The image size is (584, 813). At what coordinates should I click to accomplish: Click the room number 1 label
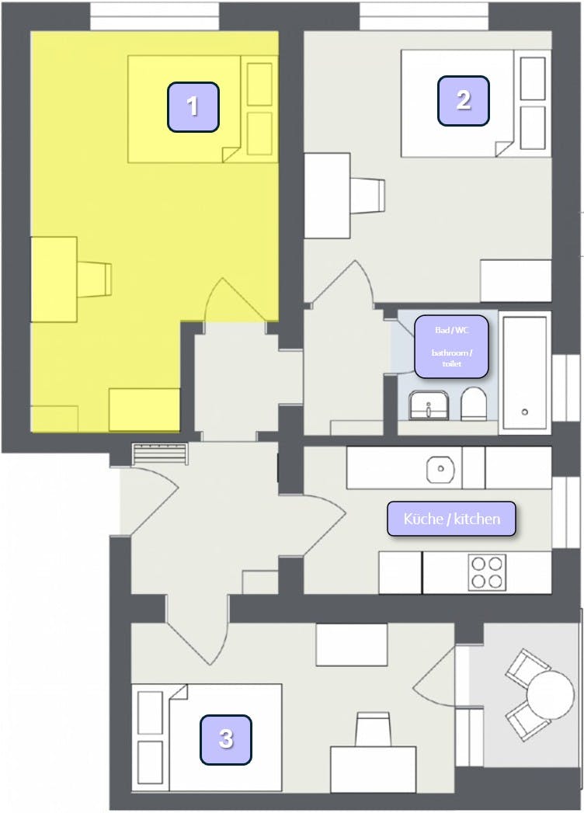click(193, 106)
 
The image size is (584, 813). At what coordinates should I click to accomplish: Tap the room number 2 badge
click(463, 101)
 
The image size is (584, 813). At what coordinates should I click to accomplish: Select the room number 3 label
click(226, 739)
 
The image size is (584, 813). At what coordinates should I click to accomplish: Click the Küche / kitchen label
click(452, 519)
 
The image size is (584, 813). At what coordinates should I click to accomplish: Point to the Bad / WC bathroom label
click(451, 346)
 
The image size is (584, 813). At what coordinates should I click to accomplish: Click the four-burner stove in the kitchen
click(488, 572)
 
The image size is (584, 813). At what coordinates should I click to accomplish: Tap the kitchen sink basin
click(441, 469)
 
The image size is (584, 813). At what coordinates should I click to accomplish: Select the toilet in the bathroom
click(473, 403)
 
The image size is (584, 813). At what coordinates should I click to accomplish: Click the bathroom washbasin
click(428, 405)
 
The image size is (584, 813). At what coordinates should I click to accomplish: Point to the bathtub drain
click(525, 412)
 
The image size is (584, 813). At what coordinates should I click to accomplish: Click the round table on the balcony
click(551, 694)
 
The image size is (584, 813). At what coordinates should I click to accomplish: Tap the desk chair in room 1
click(95, 280)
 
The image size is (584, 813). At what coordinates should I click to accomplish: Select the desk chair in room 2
click(368, 195)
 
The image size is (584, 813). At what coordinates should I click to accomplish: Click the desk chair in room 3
click(373, 729)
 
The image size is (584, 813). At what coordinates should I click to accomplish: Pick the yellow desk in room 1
click(54, 280)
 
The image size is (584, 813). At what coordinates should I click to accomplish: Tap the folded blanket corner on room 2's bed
click(503, 148)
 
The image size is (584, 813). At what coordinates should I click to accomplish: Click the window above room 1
click(155, 16)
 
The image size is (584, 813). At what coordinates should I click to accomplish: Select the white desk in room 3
click(373, 769)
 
